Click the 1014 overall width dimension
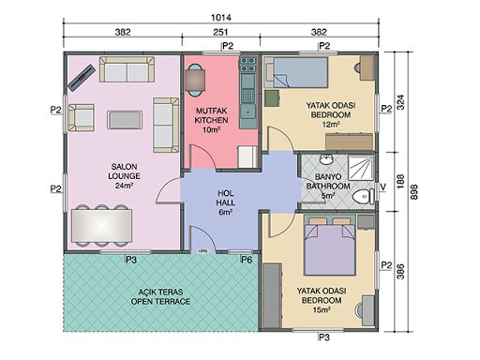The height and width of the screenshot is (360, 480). click(221, 18)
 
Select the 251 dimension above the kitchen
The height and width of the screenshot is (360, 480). click(220, 32)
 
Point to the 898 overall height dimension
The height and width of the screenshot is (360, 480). click(413, 192)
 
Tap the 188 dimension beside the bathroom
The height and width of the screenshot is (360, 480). click(400, 182)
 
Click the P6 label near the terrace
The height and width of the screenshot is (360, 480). click(247, 260)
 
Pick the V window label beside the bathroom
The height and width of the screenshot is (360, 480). click(383, 187)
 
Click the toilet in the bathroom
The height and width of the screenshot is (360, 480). click(363, 197)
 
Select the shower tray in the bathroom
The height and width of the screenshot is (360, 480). click(361, 168)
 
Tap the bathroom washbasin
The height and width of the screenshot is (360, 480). click(326, 158)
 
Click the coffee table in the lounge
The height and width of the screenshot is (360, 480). click(125, 120)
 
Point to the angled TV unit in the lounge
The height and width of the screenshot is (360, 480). click(82, 78)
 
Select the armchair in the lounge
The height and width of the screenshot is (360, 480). click(81, 117)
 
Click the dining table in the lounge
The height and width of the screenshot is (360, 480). click(101, 226)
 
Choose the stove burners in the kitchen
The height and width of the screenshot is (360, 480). click(247, 65)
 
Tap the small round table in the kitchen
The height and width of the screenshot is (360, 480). click(195, 81)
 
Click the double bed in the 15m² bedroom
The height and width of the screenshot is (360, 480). click(330, 246)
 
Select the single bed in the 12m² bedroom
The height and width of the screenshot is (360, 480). click(296, 72)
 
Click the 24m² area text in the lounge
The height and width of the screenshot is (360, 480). click(124, 186)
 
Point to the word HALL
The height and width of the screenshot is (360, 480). click(225, 202)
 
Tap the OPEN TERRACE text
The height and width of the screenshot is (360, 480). click(160, 302)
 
